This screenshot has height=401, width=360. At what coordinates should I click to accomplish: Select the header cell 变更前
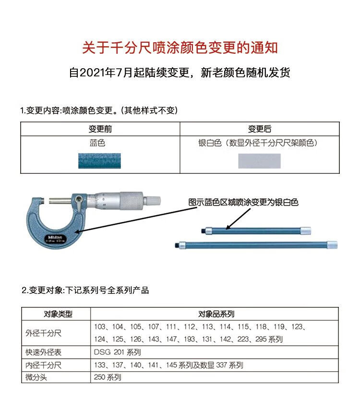point(100,129)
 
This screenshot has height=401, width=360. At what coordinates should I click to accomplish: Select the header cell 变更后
point(259,129)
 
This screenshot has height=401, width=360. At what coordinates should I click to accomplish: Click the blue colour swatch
point(99,160)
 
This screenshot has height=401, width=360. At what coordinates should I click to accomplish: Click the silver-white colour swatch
point(259,160)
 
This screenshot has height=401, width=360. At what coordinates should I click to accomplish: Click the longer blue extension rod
point(257,245)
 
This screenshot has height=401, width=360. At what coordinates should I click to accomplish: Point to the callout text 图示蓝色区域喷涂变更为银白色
point(244,202)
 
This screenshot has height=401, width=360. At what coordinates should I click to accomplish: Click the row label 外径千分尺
point(44,333)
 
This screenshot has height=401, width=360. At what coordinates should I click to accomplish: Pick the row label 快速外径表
point(44,352)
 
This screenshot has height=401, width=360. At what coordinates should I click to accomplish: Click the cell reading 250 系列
point(108,377)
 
